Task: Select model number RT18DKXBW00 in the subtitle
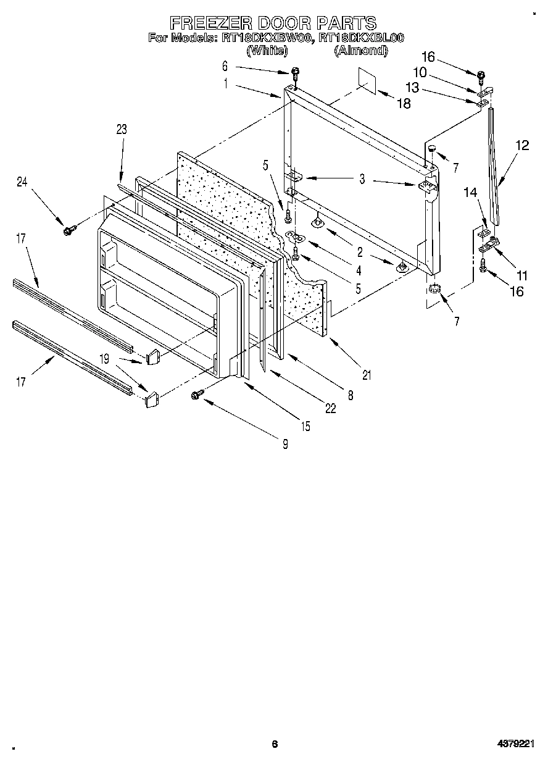(x=267, y=38)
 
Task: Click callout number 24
(x=23, y=182)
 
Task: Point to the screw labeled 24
(x=68, y=230)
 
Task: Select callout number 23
(x=121, y=129)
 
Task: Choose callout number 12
(x=522, y=146)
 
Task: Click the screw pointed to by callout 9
(x=199, y=393)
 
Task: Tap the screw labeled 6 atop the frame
(x=295, y=72)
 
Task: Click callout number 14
(x=470, y=193)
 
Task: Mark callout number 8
(x=351, y=396)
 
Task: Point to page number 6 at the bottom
(x=275, y=744)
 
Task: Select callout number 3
(x=362, y=180)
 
